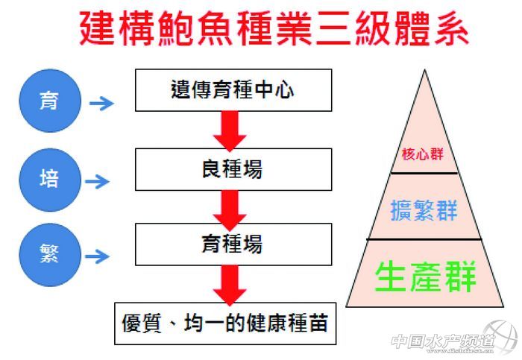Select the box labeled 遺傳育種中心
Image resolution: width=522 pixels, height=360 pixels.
coord(233,90)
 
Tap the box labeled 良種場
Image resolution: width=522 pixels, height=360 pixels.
coord(233,170)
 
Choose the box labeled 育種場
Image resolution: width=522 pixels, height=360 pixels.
coord(233,244)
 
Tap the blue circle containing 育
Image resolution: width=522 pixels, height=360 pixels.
coord(49,100)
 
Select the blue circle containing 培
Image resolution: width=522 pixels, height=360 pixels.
coord(49,179)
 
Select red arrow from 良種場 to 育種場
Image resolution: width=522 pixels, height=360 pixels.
coord(229,209)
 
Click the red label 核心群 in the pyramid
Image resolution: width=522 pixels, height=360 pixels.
coord(422,154)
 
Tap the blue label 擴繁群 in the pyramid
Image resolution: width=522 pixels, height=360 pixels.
coord(424,210)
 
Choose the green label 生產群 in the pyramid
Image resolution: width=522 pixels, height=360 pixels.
coord(425,275)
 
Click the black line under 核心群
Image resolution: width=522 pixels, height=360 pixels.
coord(424,173)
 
